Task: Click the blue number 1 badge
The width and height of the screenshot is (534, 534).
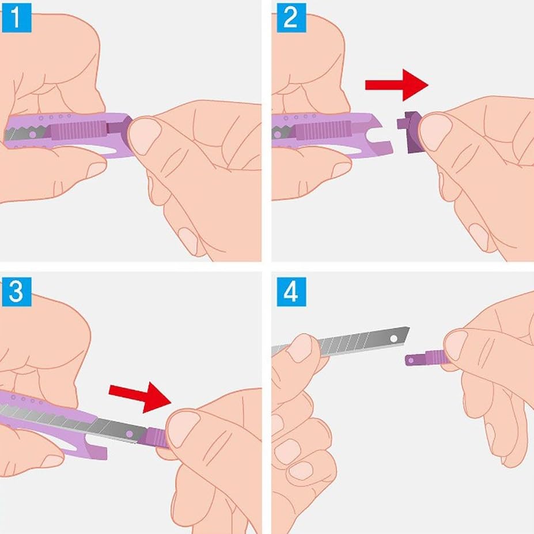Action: pos(16,18)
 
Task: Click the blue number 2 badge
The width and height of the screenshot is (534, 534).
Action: pos(291,18)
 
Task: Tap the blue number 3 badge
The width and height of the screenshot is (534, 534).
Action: pos(16,291)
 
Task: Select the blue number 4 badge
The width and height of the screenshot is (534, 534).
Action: pos(291,291)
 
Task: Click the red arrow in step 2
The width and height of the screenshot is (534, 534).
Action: pos(396,85)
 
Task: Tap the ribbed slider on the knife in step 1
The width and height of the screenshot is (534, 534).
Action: pos(77,130)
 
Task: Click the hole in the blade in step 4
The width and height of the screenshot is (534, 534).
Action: pos(393,339)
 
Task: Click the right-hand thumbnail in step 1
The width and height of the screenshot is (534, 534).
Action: pos(145,135)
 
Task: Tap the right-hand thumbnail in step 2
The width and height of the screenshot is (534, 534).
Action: pos(435,132)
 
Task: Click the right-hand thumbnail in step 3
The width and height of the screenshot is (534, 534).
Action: pos(183,429)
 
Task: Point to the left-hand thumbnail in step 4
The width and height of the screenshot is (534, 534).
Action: pos(300,348)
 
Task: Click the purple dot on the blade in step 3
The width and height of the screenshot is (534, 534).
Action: pos(130,434)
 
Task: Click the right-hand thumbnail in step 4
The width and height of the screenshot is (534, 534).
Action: pos(456,345)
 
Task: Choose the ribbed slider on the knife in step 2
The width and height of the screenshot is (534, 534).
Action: pos(322,130)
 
